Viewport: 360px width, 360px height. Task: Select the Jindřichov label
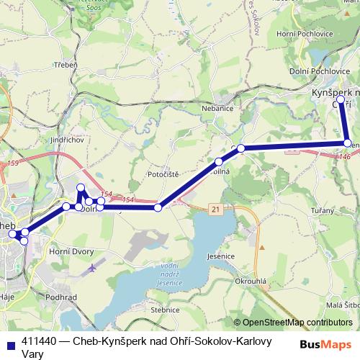68,140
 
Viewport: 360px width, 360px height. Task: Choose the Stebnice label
164,310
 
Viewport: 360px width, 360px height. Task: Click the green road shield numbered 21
215,208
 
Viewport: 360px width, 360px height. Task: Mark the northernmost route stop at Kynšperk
340,99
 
